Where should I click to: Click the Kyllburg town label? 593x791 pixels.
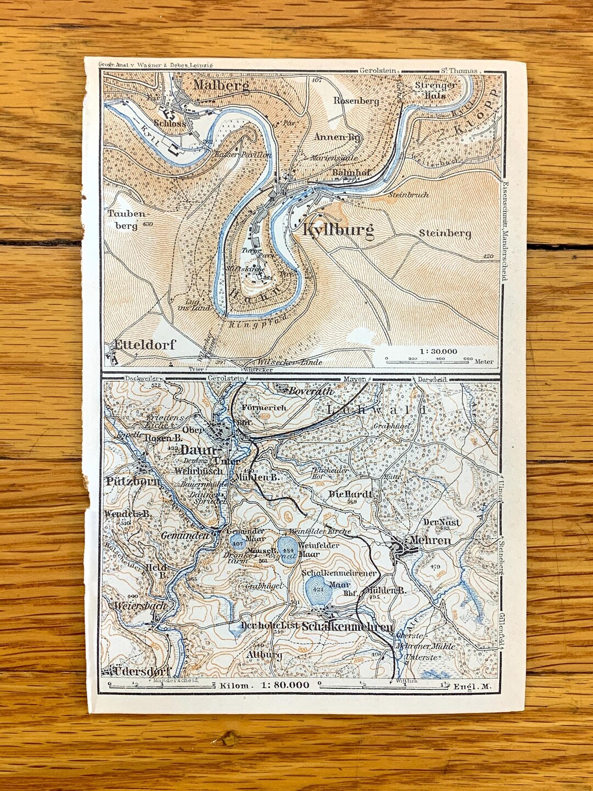[338, 230]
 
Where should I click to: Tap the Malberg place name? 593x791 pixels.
[221, 85]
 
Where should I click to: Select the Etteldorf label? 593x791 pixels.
[144, 345]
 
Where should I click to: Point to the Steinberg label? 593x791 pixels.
[445, 233]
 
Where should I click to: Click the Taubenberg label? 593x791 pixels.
[127, 219]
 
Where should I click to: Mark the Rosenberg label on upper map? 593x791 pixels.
[356, 101]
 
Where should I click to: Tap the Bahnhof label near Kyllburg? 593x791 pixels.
[351, 172]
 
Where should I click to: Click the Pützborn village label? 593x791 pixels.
[132, 482]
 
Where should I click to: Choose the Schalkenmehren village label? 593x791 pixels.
[348, 627]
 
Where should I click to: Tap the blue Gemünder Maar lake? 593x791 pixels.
[238, 543]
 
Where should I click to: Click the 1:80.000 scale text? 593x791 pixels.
[285, 685]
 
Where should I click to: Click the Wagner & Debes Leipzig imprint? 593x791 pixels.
[155, 64]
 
